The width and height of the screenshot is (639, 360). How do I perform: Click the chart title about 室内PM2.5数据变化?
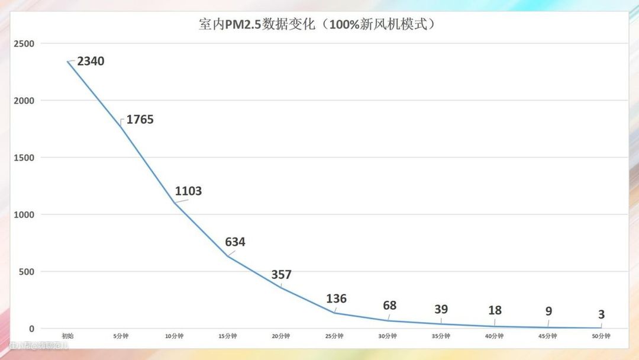(320, 25)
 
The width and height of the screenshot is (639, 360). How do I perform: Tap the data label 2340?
(91, 60)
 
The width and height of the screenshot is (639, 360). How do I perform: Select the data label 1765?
(140, 119)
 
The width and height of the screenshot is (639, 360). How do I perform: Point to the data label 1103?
(188, 191)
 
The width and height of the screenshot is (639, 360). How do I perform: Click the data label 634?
(235, 242)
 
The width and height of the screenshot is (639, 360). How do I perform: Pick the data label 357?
(281, 274)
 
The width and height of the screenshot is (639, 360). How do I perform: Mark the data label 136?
(336, 298)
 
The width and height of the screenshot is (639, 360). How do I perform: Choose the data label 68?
(389, 306)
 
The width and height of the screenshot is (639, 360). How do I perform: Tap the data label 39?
(441, 309)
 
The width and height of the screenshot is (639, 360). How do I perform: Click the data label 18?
(495, 310)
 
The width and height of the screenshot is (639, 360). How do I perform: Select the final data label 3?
(601, 314)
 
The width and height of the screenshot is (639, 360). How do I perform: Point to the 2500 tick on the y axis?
(24, 44)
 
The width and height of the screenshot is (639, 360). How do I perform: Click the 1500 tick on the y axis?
(24, 157)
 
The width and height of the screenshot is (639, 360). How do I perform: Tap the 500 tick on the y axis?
(27, 272)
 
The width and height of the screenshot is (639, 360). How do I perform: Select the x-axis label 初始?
(67, 336)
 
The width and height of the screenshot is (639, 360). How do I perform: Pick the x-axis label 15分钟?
(228, 336)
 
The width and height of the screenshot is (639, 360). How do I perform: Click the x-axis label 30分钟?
(388, 336)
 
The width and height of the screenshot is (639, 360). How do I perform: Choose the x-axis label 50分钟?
(601, 336)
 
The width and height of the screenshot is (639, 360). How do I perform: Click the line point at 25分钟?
(335, 313)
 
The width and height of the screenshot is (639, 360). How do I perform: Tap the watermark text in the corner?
(39, 345)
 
